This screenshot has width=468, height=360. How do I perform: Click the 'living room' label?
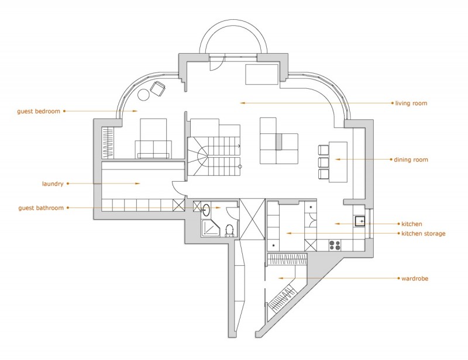point(411,103)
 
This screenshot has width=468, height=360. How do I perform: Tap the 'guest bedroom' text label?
point(39,110)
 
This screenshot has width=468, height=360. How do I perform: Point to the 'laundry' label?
point(52,183)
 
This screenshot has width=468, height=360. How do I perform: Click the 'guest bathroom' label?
point(41,207)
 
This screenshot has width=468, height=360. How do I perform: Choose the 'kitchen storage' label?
point(423,234)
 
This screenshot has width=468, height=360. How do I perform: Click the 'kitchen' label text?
point(412,224)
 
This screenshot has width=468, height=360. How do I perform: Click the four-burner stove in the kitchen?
point(336,244)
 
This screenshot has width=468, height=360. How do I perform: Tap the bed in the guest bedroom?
point(153,138)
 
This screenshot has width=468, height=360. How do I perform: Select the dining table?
point(338,161)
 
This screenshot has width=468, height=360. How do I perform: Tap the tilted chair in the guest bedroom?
point(158,88)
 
